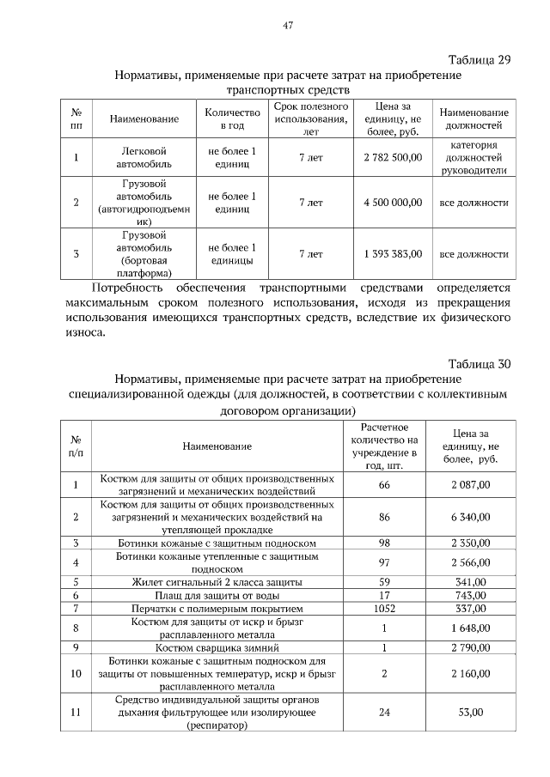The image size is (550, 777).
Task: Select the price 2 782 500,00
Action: (x=393, y=158)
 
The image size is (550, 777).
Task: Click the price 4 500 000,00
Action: (x=393, y=203)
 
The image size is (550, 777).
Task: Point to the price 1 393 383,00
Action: (x=393, y=254)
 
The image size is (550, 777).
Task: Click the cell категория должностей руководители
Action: (x=474, y=157)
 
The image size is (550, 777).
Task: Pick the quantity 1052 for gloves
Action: (x=383, y=608)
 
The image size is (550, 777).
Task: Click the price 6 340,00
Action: (x=470, y=517)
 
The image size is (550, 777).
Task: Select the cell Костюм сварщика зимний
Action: (x=217, y=647)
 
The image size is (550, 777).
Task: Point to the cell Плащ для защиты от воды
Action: (x=217, y=595)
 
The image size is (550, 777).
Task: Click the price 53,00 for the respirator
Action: (x=470, y=712)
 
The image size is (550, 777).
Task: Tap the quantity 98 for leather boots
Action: (x=383, y=543)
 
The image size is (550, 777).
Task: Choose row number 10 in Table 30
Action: (x=76, y=673)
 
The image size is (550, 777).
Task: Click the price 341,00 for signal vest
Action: (x=470, y=582)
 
